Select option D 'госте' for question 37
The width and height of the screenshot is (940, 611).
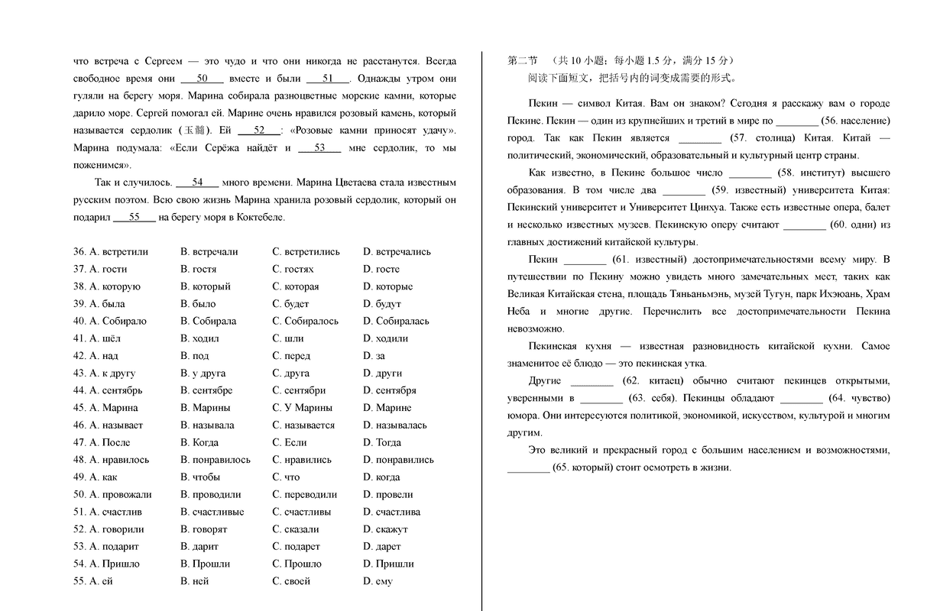(x=381, y=269)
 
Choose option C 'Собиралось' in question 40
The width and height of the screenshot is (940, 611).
(x=305, y=321)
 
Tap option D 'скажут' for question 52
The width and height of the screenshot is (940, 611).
(x=386, y=529)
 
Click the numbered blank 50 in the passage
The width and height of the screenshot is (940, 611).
(x=203, y=78)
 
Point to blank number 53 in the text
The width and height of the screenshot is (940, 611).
(x=319, y=147)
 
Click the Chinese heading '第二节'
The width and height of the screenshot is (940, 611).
(x=523, y=60)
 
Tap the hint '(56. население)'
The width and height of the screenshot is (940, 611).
(x=855, y=121)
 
